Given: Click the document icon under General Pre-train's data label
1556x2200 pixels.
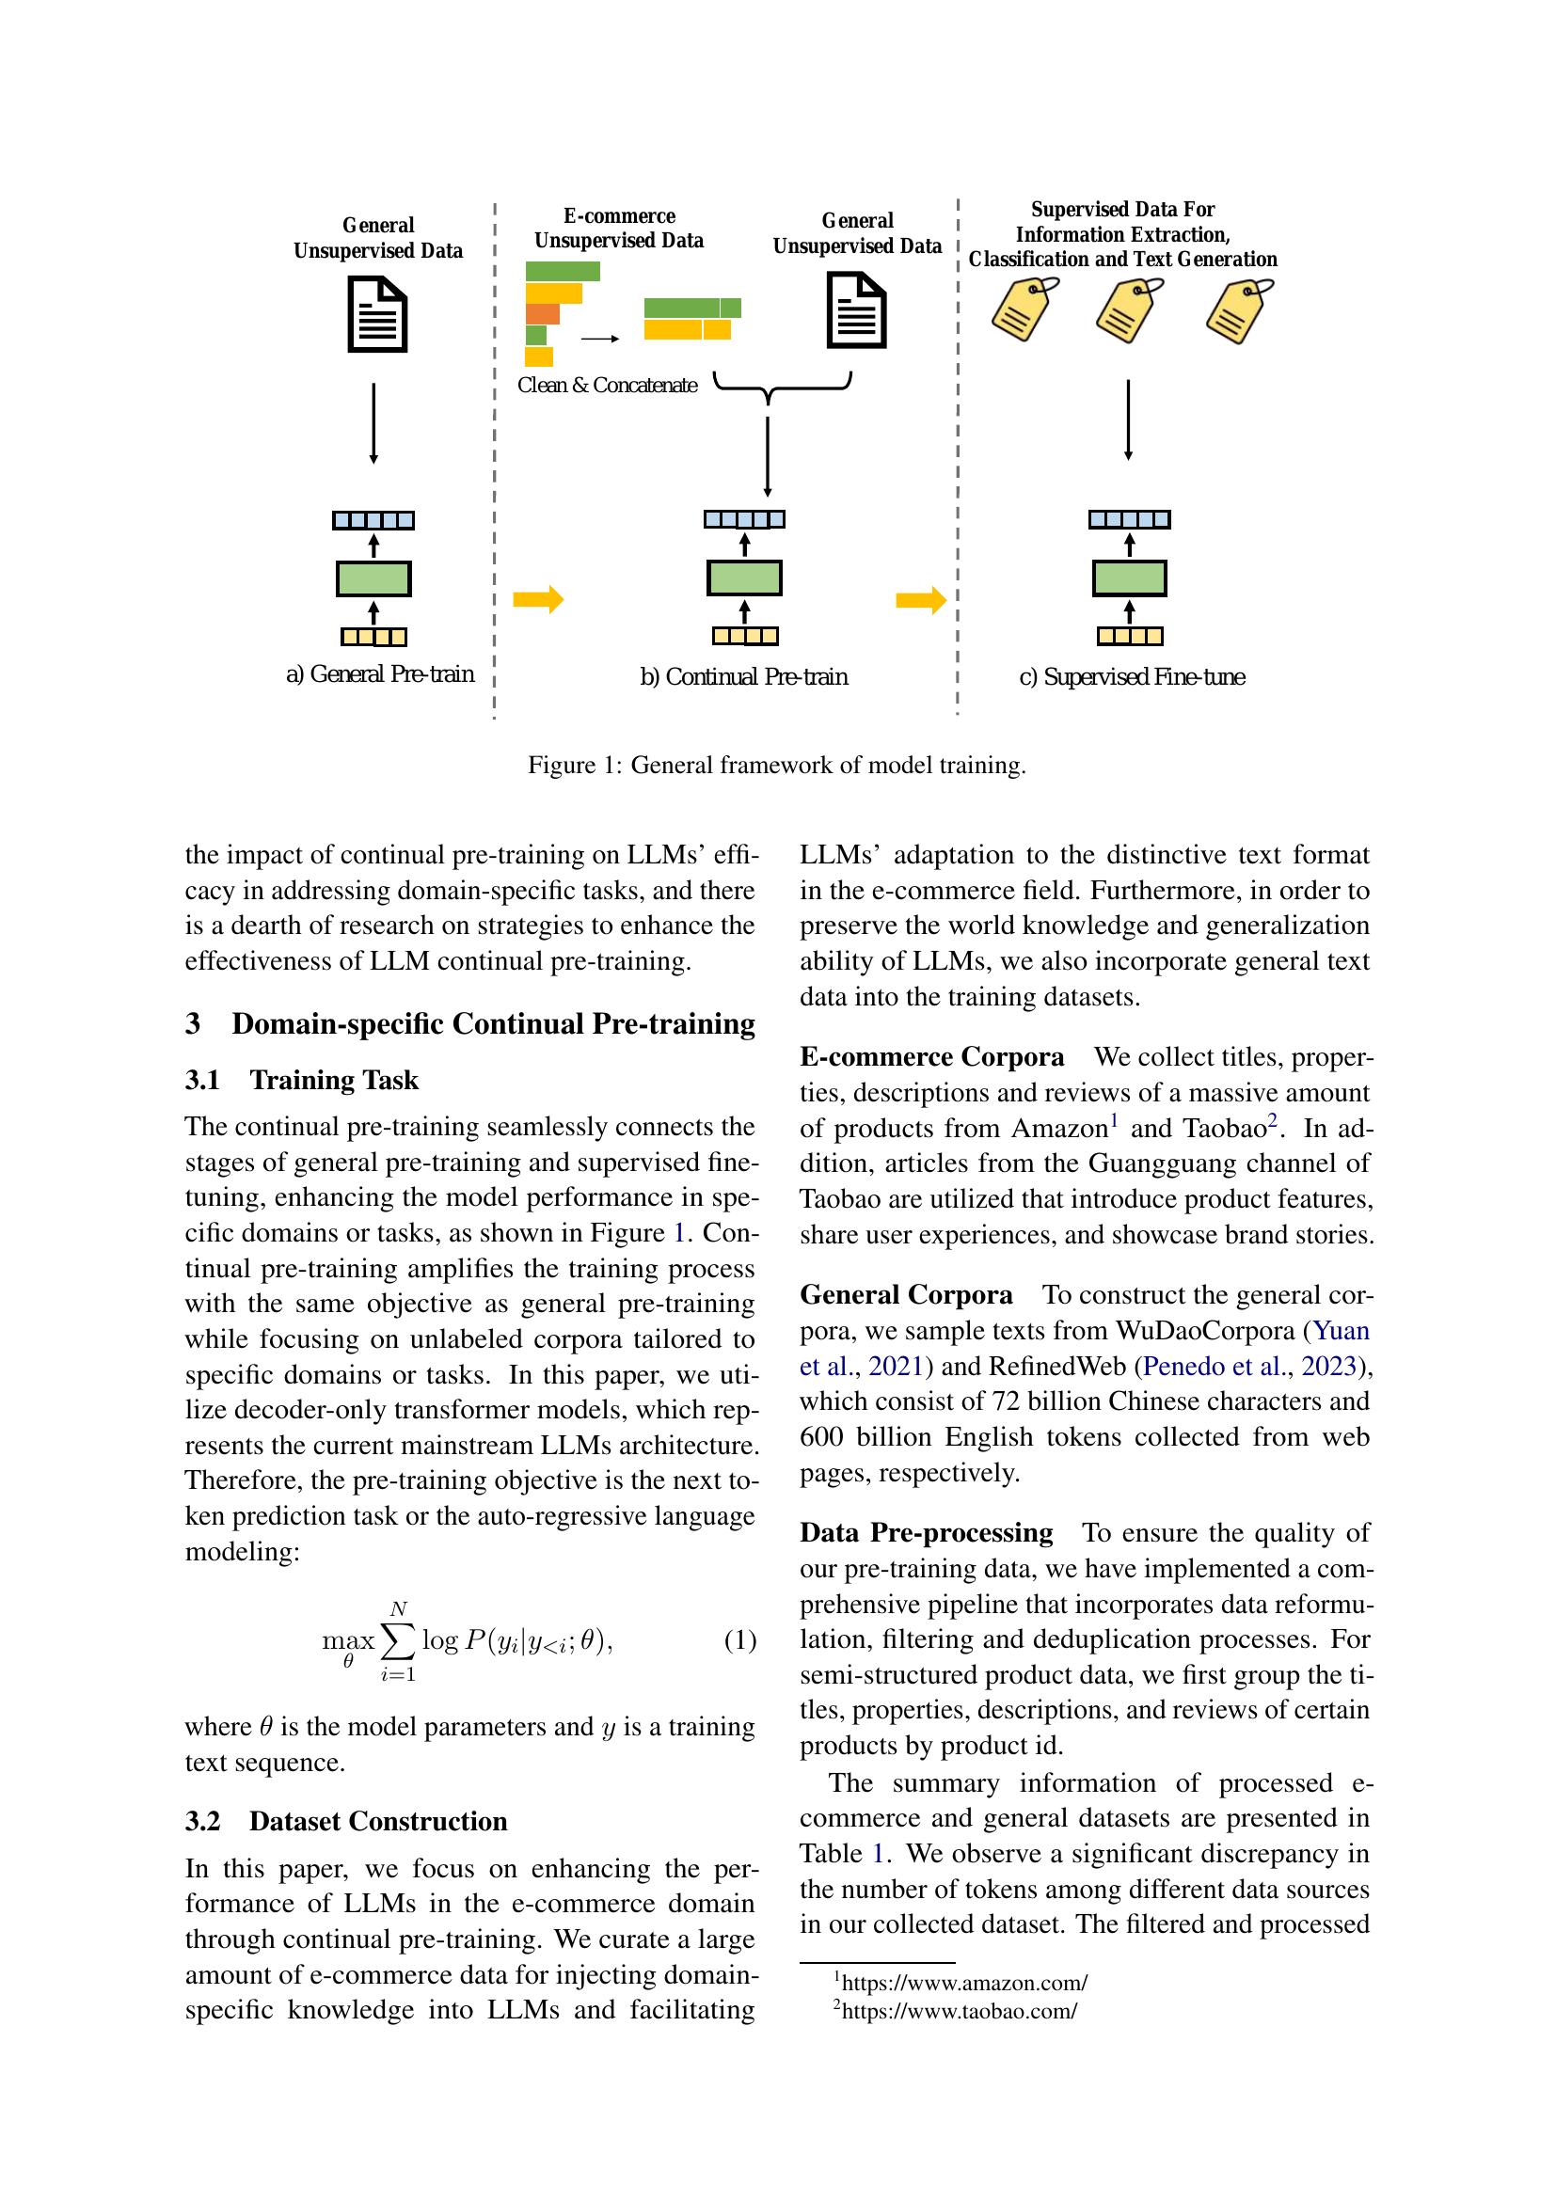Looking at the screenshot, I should (376, 314).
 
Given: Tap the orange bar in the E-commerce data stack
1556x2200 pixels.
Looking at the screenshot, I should (542, 313).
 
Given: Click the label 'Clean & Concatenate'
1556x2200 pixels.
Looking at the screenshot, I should (607, 386).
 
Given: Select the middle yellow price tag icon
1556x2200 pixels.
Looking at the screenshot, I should (1130, 311).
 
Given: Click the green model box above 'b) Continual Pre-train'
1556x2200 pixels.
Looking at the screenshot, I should (743, 578).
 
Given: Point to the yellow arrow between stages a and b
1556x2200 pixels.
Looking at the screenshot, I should (537, 600).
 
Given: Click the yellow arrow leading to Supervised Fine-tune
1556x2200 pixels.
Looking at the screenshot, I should (921, 600).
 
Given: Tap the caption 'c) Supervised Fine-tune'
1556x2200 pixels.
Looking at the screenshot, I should (1132, 677).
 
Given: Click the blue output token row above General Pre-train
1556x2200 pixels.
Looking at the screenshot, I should (373, 520).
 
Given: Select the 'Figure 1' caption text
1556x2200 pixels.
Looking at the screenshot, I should (776, 765).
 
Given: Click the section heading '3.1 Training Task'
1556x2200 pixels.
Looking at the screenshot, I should (302, 1080).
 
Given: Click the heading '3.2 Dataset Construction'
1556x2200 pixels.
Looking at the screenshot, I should (346, 1821).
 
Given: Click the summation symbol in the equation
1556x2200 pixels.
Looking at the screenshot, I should (398, 1641).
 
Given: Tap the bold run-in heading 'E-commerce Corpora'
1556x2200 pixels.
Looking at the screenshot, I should (931, 1057).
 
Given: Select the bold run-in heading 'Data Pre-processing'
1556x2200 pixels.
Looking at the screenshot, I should (926, 1532).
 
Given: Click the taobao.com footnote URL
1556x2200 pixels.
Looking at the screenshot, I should (958, 2010).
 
